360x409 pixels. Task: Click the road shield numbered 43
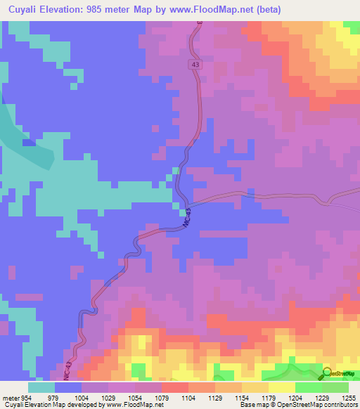[x=194, y=65]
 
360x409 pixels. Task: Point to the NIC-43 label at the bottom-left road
[x=68, y=370]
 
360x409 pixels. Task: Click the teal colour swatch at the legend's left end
[x=41, y=387]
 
